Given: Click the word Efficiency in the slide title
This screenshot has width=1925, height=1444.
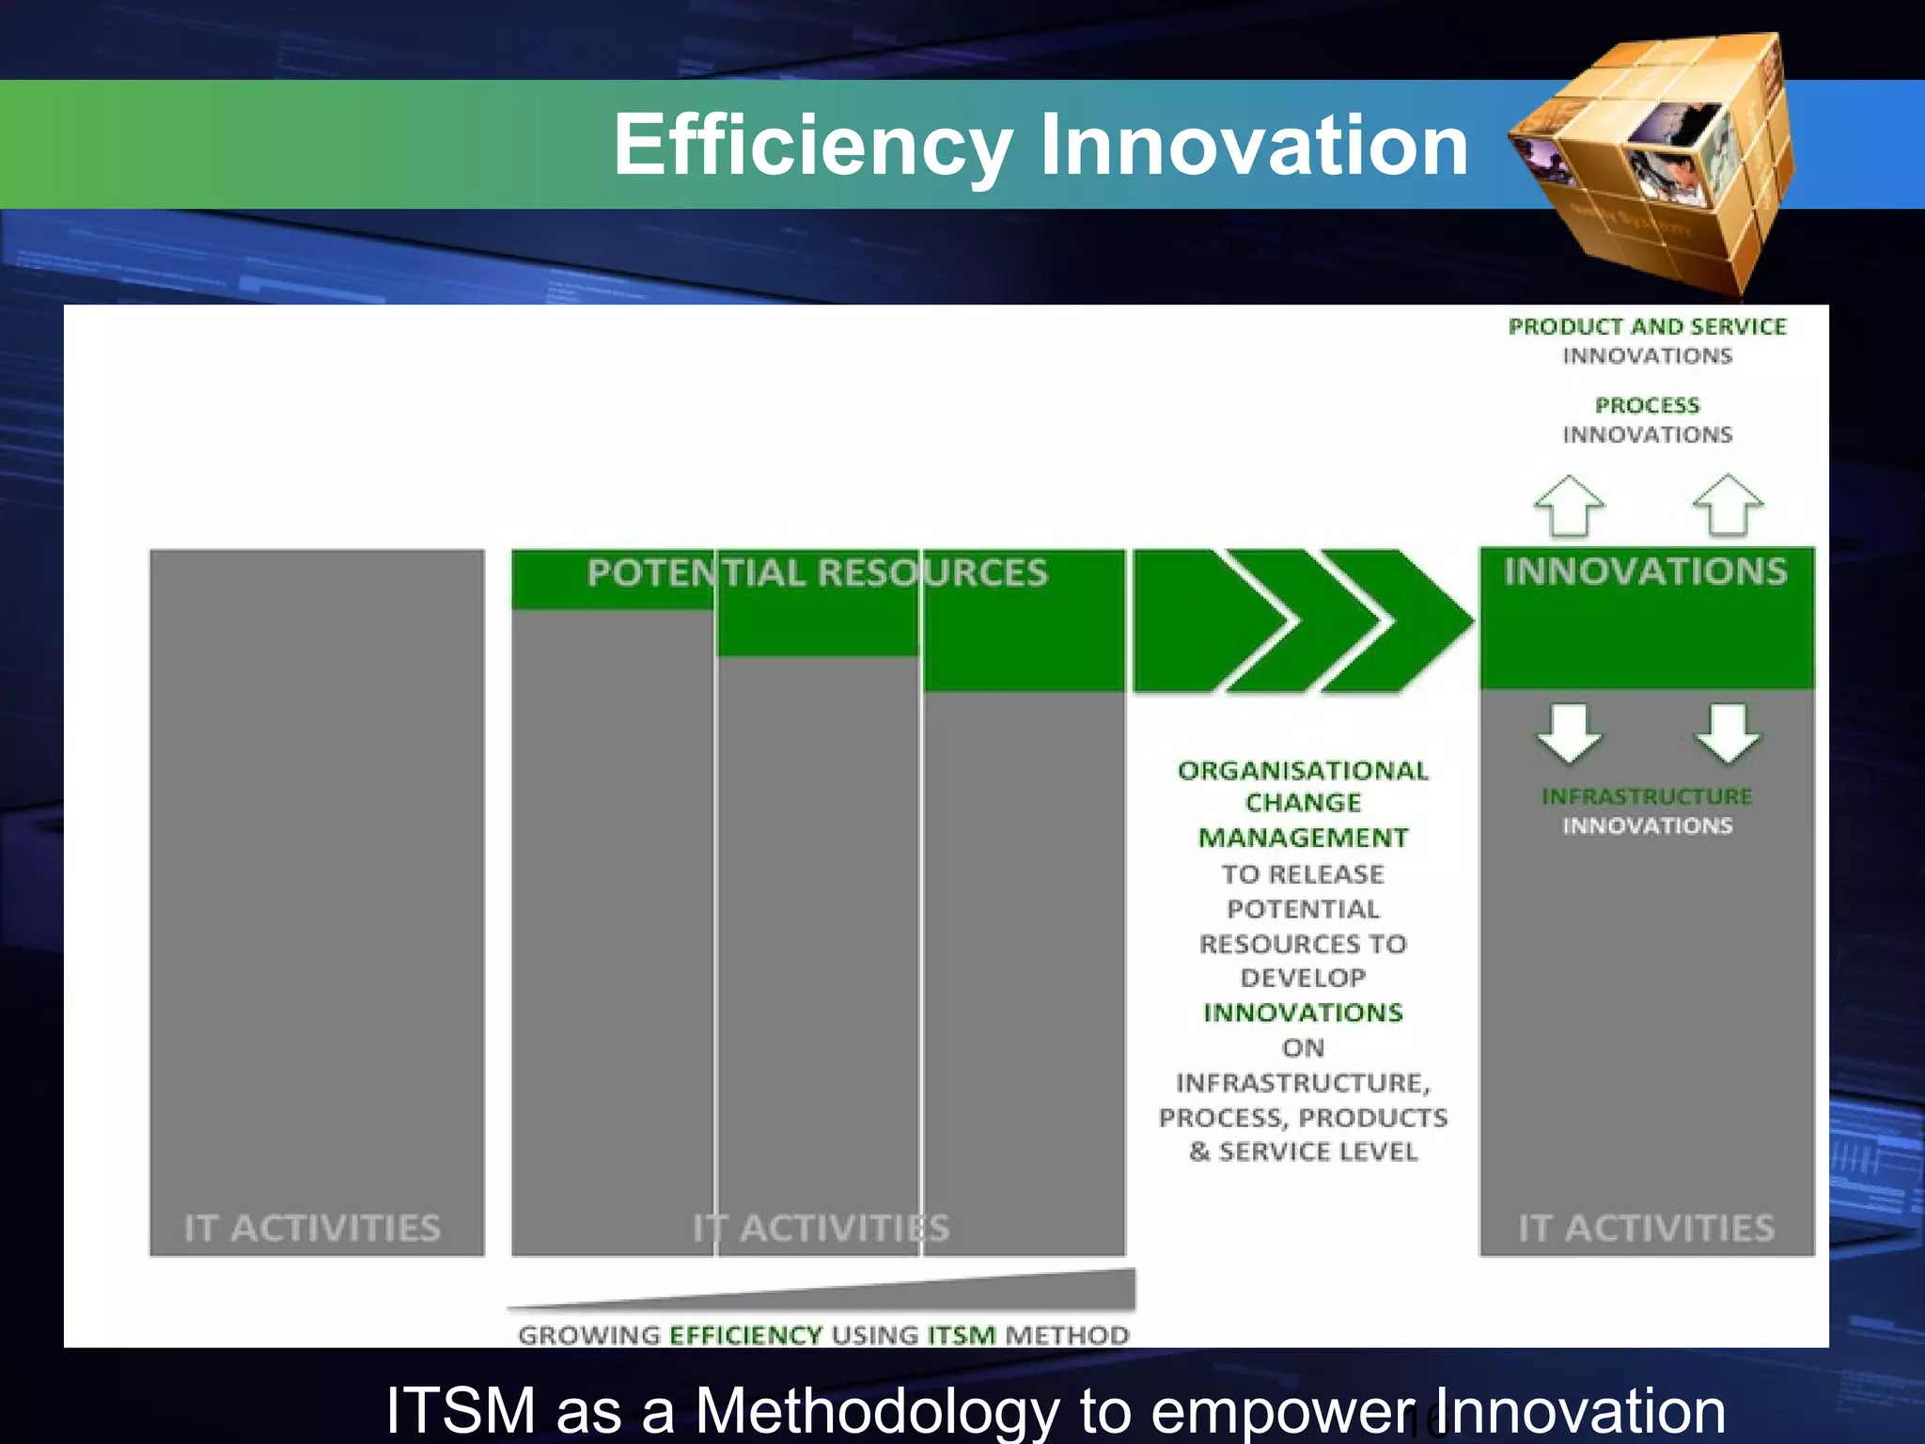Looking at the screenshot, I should (x=812, y=146).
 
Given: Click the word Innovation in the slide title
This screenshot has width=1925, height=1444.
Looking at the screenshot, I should (x=1254, y=146).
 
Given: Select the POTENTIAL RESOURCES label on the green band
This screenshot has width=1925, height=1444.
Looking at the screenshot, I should (x=817, y=573).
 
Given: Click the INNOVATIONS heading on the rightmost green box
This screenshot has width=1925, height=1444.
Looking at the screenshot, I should (x=1645, y=572).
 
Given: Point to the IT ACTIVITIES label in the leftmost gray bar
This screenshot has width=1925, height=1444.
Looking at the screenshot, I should (x=312, y=1228).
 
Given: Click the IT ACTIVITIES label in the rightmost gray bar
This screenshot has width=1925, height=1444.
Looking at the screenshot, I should (x=1646, y=1228).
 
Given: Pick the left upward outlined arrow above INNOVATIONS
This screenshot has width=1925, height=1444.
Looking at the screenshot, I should (x=1569, y=506).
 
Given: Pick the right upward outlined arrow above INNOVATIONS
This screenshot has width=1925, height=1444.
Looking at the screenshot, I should (x=1728, y=506).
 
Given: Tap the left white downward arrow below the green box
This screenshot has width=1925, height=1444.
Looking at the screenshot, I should (x=1569, y=732).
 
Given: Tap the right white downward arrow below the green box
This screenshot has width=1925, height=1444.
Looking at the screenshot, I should (x=1728, y=732).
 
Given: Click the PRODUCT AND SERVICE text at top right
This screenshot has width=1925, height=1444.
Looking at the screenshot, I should (x=1647, y=326).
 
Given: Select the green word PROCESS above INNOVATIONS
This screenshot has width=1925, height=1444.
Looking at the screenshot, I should (x=1647, y=405).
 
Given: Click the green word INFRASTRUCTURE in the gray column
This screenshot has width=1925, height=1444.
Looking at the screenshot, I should (x=1647, y=796).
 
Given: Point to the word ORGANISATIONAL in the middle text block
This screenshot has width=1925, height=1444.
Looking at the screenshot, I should (x=1303, y=771).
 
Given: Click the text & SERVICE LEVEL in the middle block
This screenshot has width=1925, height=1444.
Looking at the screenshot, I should (x=1303, y=1152).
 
